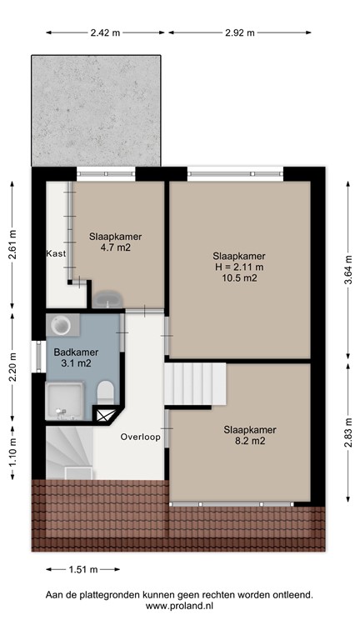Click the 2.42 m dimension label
pos(105,32)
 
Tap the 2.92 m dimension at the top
pos(239,32)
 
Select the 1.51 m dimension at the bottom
pos(81,570)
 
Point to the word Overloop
pos(139,437)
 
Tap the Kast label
pos(56,253)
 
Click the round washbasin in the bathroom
pos(61,324)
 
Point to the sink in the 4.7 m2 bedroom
pos(107,297)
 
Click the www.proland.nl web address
pos(180,607)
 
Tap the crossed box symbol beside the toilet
pos(104,414)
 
